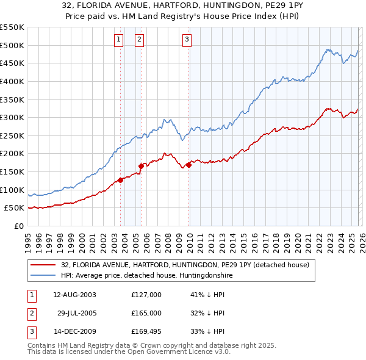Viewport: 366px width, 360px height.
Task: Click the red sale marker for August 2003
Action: pyautogui.click(x=120, y=179)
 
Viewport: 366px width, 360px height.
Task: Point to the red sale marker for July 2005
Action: pyautogui.click(x=141, y=165)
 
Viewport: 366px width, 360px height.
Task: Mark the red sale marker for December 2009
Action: pyautogui.click(x=189, y=164)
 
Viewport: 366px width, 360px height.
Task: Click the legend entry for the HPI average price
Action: pyautogui.click(x=146, y=276)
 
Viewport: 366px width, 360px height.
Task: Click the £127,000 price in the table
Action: pyautogui.click(x=146, y=295)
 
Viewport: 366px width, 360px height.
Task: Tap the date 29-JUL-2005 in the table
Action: pyautogui.click(x=75, y=313)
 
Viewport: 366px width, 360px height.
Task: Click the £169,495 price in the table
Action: pyautogui.click(x=146, y=331)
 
